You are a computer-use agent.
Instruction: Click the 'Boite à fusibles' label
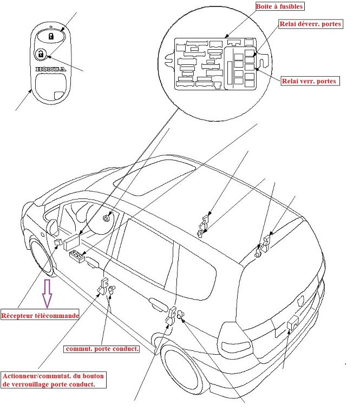(279, 7)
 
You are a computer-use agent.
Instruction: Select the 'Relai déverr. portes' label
(310, 25)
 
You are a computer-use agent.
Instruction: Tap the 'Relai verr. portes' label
(310, 81)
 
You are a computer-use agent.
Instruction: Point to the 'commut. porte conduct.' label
(102, 349)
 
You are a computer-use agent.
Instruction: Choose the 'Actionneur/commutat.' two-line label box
(54, 380)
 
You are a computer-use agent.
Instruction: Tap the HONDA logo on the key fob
(50, 70)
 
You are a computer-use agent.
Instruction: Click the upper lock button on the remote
(50, 36)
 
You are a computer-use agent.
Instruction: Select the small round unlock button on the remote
(41, 54)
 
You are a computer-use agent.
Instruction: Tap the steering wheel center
(107, 218)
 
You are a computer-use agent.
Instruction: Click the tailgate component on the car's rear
(293, 323)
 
